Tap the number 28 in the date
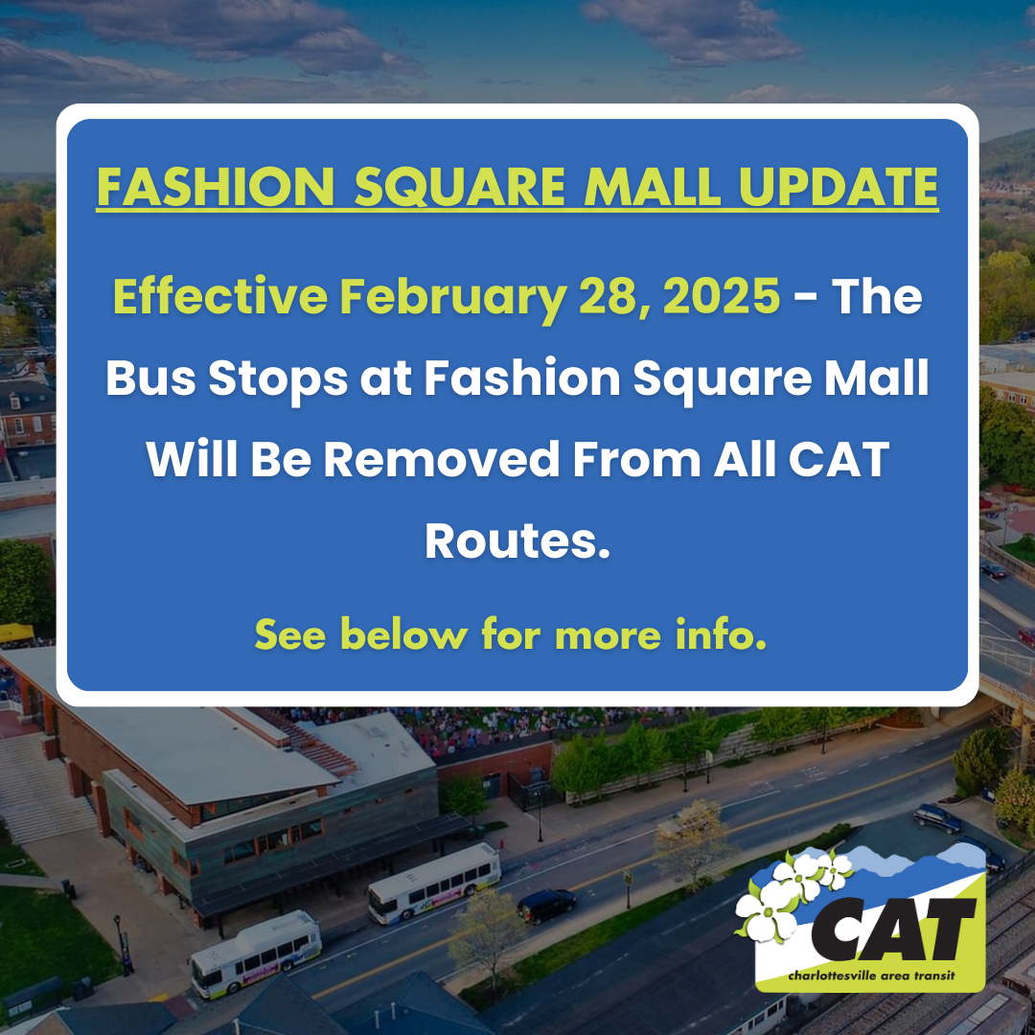602,298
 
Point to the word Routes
517,541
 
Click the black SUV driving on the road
547,904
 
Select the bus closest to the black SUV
434,883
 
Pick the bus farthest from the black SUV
255,954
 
